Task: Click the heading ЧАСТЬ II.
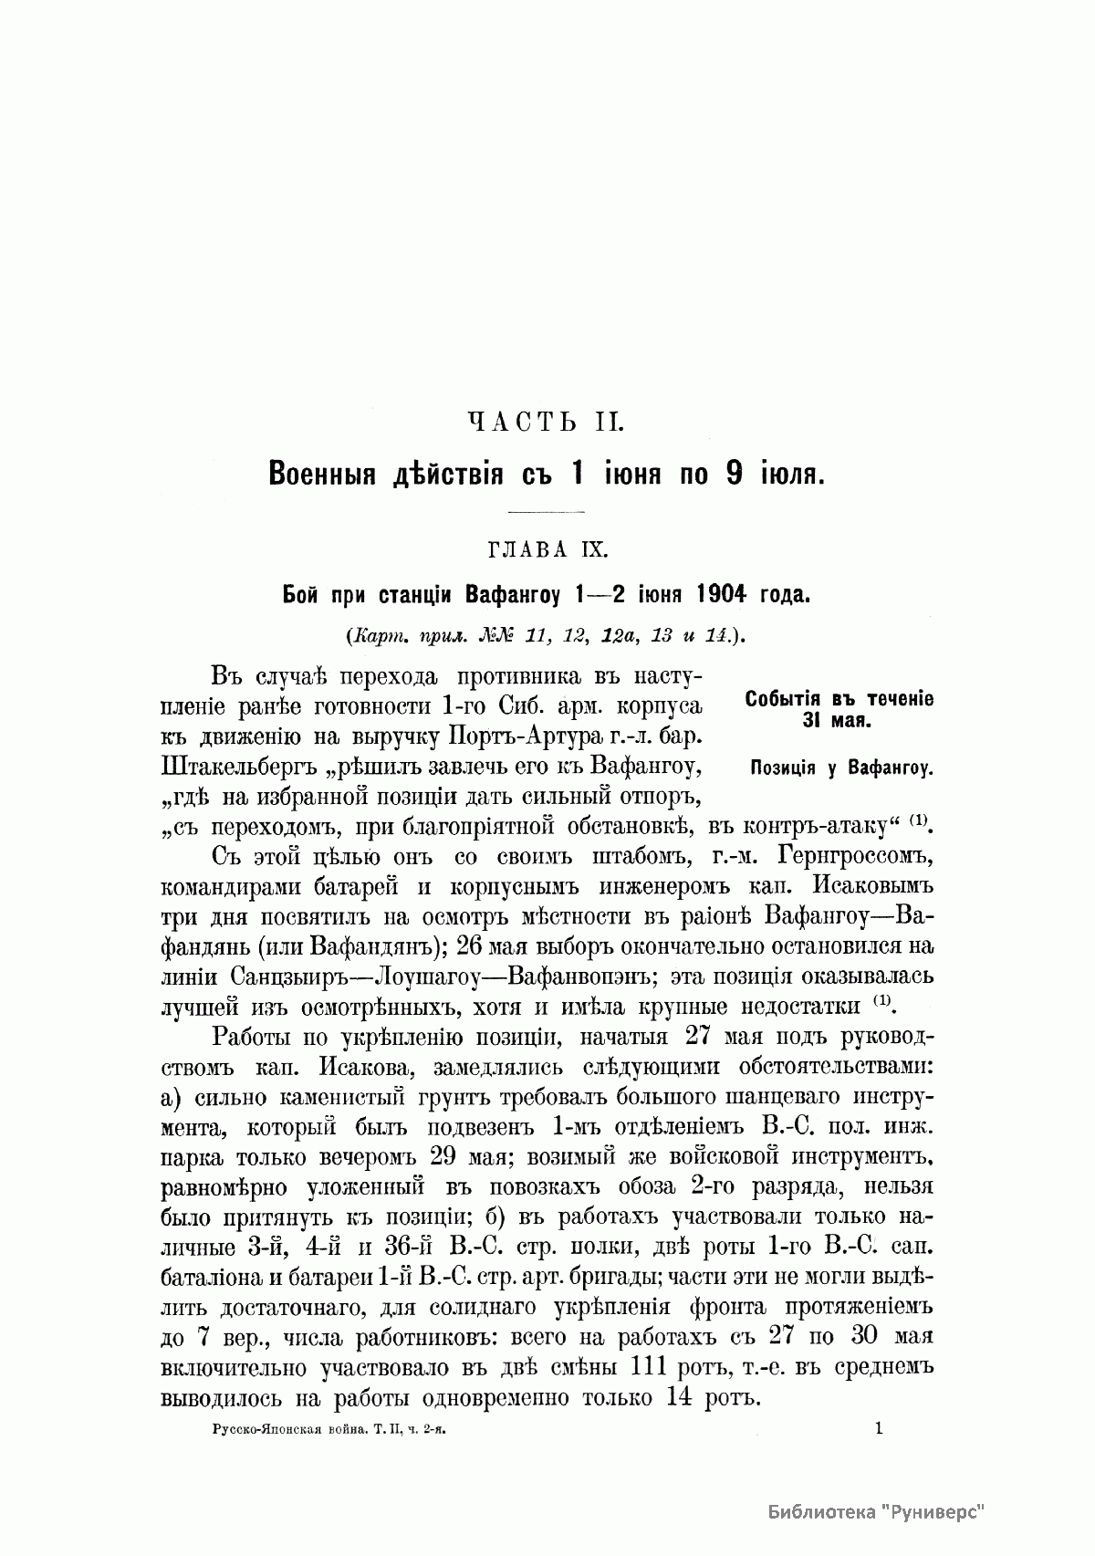point(546,422)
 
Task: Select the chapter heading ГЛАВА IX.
point(546,550)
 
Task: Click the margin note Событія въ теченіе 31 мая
point(839,709)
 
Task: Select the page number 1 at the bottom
point(879,1429)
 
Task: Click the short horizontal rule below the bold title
point(546,509)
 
